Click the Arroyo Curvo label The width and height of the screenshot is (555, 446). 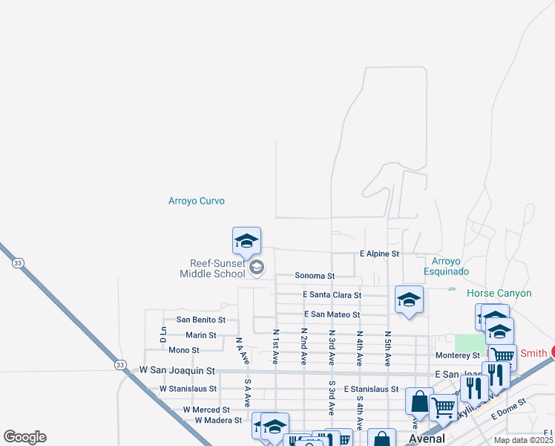[x=196, y=201]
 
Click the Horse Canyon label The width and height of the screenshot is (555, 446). [x=499, y=294]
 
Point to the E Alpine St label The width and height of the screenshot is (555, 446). [x=379, y=254]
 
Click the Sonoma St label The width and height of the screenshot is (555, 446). [x=315, y=276]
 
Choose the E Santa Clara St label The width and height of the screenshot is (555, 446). [x=332, y=295]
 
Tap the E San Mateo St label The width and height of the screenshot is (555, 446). [x=331, y=315]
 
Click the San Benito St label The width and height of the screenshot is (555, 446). [x=197, y=320]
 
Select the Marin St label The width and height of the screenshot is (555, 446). [x=201, y=335]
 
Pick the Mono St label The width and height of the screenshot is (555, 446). [x=184, y=350]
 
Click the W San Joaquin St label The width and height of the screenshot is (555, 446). [x=177, y=369]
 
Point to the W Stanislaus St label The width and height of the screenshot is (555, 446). [x=183, y=389]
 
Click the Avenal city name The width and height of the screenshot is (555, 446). [x=427, y=439]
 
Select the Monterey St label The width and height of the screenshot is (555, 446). [x=458, y=356]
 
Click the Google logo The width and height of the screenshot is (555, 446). [x=24, y=437]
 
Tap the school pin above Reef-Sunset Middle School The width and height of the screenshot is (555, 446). [x=246, y=242]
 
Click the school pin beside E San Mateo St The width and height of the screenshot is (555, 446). [x=409, y=300]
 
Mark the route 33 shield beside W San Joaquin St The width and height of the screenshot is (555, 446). [x=120, y=364]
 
